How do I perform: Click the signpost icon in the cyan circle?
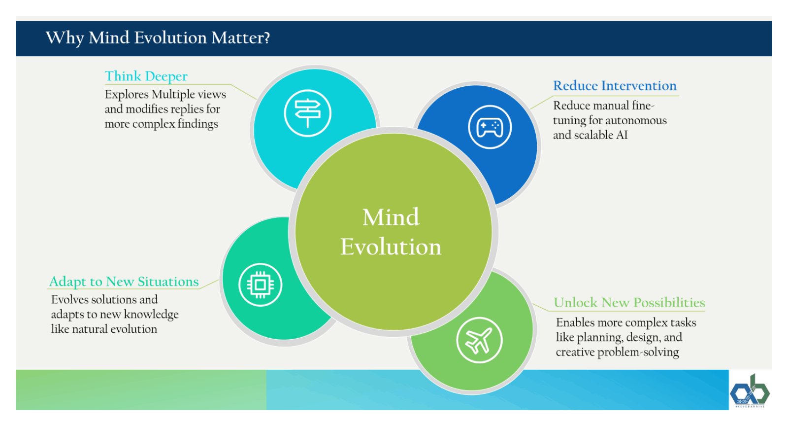[308, 113]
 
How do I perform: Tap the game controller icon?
[490, 127]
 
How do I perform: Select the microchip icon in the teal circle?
[260, 284]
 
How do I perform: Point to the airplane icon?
[479, 340]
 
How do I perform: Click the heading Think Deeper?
[146, 76]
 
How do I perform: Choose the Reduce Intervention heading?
[615, 86]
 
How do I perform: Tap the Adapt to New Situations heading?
[124, 282]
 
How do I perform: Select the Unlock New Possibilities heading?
[629, 303]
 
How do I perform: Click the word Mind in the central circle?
[391, 217]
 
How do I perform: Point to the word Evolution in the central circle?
[391, 247]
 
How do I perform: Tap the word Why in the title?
[65, 38]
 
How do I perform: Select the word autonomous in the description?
[639, 120]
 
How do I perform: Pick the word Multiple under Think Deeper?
[173, 94]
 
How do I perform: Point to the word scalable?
[593, 135]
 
